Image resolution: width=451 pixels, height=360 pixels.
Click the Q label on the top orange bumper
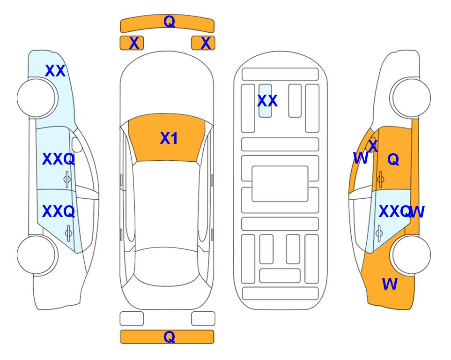[169, 21]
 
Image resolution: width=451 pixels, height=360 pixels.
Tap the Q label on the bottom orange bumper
[169, 337]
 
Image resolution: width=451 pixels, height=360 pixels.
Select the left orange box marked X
[132, 43]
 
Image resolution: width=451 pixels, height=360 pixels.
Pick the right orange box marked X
[203, 43]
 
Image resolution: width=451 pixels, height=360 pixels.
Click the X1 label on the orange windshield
[169, 138]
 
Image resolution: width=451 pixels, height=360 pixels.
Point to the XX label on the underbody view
[267, 101]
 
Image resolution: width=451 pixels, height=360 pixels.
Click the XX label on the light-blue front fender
[55, 71]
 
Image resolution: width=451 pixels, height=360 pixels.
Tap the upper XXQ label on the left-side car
[59, 159]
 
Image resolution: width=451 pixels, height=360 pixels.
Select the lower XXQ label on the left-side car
[59, 212]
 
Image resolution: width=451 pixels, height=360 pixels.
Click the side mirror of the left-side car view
[77, 144]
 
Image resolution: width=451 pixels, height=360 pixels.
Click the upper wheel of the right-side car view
[411, 98]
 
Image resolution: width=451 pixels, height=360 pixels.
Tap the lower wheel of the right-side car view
[411, 255]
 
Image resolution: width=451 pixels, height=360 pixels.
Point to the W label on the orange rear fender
[390, 284]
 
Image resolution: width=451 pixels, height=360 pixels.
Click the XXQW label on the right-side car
[401, 212]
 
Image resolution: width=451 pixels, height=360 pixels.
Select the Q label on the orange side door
[393, 159]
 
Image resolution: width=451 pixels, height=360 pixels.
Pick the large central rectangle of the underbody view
[280, 184]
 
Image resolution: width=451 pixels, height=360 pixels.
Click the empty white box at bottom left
[132, 319]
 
